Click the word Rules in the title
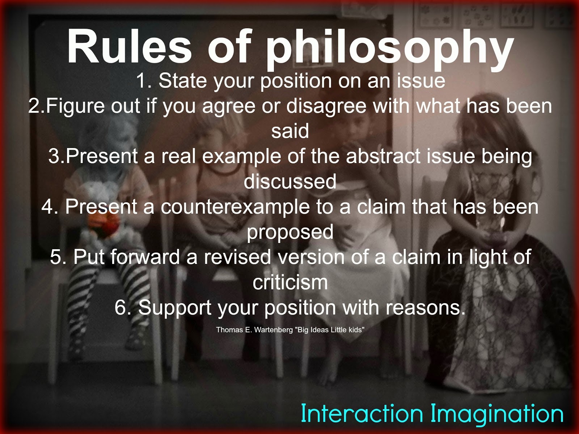click(x=130, y=47)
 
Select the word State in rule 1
click(x=182, y=81)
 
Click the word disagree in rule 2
click(x=326, y=106)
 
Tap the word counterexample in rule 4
click(x=235, y=207)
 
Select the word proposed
click(x=290, y=233)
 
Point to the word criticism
click(x=290, y=282)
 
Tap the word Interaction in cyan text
click(x=362, y=414)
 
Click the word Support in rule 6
click(x=175, y=308)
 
